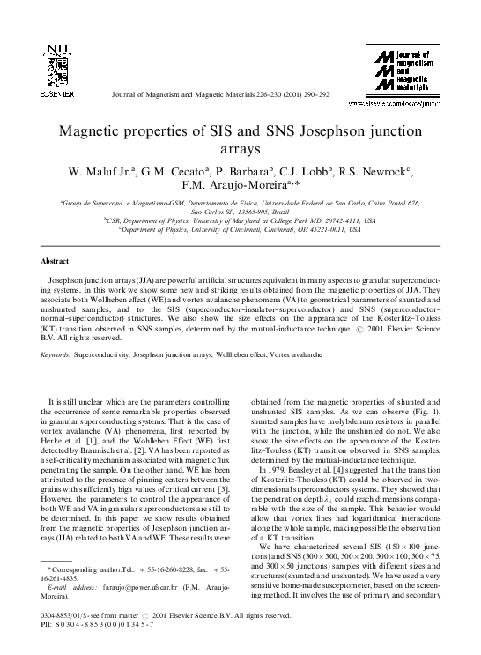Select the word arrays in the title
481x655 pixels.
point(240,151)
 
